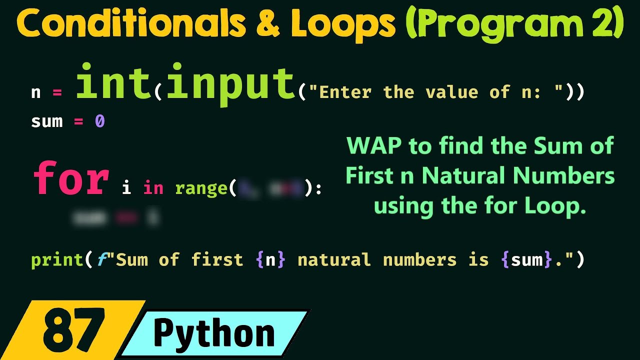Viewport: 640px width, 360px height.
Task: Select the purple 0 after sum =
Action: [x=99, y=121]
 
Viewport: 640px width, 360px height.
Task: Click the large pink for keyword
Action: [x=71, y=178]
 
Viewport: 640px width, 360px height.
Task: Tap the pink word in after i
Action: [x=153, y=188]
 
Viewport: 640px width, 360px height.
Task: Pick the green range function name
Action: [x=201, y=188]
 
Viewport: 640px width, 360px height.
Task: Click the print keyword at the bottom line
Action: [x=57, y=260]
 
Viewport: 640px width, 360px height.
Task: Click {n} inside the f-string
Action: [x=270, y=260]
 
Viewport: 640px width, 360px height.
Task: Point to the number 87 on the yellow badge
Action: [x=74, y=329]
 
